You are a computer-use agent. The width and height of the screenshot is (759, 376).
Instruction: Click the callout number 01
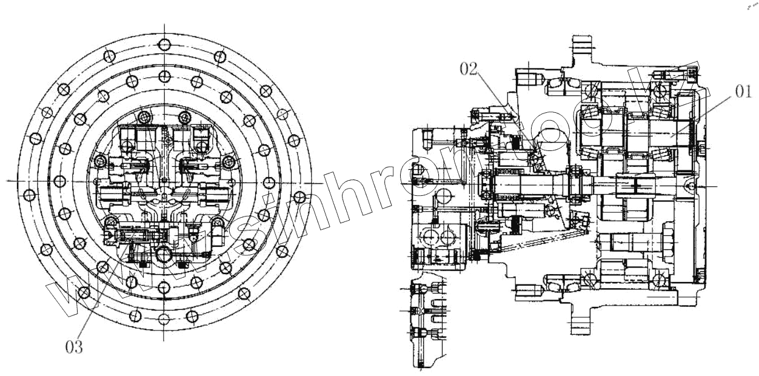[743, 92]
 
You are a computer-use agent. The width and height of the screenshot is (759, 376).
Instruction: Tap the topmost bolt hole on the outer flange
[164, 44]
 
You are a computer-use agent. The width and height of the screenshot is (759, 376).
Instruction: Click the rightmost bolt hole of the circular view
[298, 196]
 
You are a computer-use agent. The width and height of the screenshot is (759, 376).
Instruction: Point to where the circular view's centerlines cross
[164, 181]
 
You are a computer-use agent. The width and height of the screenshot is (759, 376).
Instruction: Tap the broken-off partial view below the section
[425, 324]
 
